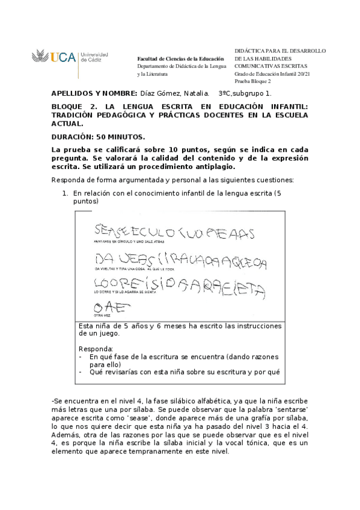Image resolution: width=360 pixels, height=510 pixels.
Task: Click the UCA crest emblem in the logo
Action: (40, 58)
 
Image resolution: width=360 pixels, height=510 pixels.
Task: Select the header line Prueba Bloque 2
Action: (252, 81)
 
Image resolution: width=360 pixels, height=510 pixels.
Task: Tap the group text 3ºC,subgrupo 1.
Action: (245, 94)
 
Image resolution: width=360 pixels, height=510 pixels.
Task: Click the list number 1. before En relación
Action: (67, 194)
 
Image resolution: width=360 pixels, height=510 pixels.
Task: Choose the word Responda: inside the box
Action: (96, 349)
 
